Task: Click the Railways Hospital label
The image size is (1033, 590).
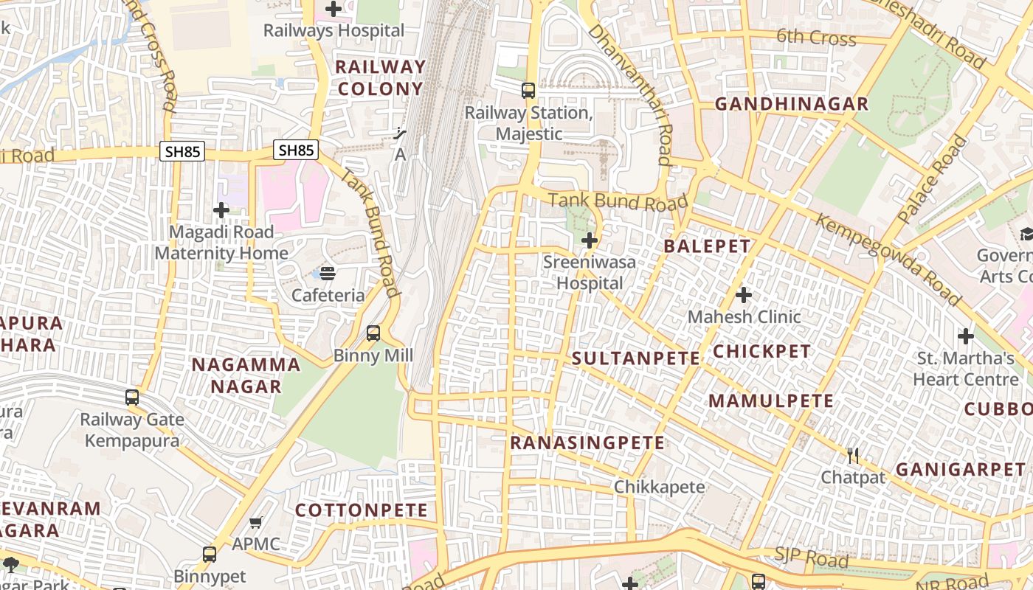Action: tap(334, 31)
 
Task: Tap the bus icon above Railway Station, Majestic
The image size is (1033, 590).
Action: tap(528, 91)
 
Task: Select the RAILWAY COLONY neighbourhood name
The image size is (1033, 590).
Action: tap(381, 77)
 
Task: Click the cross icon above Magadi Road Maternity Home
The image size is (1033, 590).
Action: tap(221, 211)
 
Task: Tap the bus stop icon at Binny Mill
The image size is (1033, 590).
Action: tap(373, 333)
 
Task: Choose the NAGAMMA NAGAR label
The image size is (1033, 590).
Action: tap(246, 375)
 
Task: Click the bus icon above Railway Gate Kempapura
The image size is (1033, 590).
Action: tap(132, 398)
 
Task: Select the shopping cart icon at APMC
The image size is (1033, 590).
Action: tap(256, 523)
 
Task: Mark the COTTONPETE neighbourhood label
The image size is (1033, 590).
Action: tap(362, 510)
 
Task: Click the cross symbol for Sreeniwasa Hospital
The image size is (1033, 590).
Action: tap(590, 240)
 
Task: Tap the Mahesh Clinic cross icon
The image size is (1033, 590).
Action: tap(744, 296)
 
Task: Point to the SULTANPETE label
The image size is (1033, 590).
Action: tap(636, 359)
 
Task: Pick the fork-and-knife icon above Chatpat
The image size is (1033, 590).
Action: tap(853, 456)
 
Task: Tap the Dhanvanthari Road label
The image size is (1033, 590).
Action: tap(632, 94)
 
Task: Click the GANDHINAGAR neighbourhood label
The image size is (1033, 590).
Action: tap(792, 104)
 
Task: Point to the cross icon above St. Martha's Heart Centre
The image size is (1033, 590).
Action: tap(966, 336)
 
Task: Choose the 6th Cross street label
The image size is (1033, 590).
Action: tap(816, 37)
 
